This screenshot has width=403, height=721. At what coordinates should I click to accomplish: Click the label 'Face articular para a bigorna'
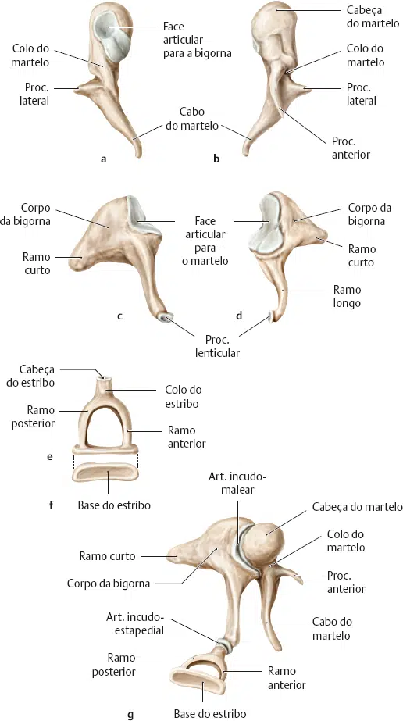[197, 40]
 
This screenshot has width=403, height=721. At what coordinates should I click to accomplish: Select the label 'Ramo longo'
[347, 297]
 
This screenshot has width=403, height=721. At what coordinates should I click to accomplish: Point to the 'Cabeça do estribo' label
[37, 376]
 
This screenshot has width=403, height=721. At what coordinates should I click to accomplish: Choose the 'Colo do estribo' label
[184, 397]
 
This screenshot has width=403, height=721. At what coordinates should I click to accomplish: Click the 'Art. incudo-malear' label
[237, 484]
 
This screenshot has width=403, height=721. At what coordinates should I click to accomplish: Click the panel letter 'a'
[103, 159]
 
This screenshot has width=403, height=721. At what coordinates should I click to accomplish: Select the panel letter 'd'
[238, 316]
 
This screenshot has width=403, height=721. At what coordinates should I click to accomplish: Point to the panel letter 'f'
[51, 505]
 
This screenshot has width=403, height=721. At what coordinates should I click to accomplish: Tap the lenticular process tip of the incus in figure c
[165, 318]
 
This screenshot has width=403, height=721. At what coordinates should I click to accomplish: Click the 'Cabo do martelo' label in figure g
[332, 629]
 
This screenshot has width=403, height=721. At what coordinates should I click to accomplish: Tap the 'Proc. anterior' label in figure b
[351, 148]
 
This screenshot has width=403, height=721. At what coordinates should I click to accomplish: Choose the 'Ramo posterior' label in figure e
[41, 416]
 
